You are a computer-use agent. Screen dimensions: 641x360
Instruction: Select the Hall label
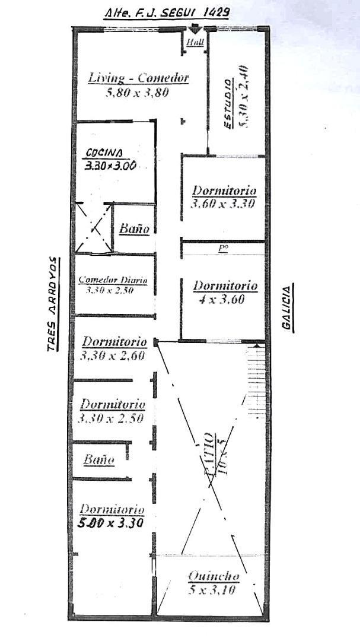(x=195, y=43)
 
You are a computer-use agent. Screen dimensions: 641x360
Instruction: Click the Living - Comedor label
(x=138, y=78)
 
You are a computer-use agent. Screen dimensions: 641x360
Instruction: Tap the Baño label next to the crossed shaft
(x=133, y=229)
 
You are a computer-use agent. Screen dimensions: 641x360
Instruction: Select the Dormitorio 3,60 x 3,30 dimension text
(x=224, y=204)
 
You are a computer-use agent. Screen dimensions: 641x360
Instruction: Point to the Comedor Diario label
(x=113, y=280)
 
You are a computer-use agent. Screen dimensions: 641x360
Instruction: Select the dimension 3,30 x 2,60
(x=113, y=356)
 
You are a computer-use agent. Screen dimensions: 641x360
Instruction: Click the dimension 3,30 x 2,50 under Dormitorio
(x=112, y=418)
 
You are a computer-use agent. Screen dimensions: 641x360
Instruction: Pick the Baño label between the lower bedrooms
(x=98, y=459)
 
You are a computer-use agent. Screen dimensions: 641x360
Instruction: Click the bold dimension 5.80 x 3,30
(x=111, y=523)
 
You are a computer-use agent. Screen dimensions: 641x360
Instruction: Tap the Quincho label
(x=214, y=576)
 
